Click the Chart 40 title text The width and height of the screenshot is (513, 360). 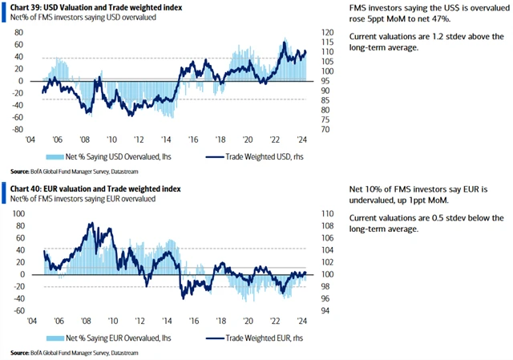click(x=95, y=188)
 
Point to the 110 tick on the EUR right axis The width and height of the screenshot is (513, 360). click(x=325, y=215)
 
